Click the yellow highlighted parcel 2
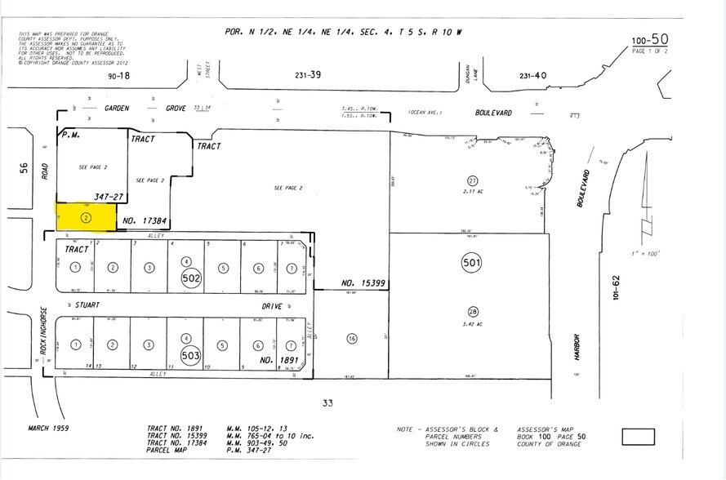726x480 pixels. [86, 217]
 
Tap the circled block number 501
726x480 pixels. [472, 263]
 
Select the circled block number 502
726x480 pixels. [191, 278]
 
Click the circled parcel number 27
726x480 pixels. [472, 180]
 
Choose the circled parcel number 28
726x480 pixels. [472, 311]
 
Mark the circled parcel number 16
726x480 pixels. [352, 338]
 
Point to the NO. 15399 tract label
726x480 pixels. [363, 283]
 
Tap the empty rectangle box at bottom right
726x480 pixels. [638, 437]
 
